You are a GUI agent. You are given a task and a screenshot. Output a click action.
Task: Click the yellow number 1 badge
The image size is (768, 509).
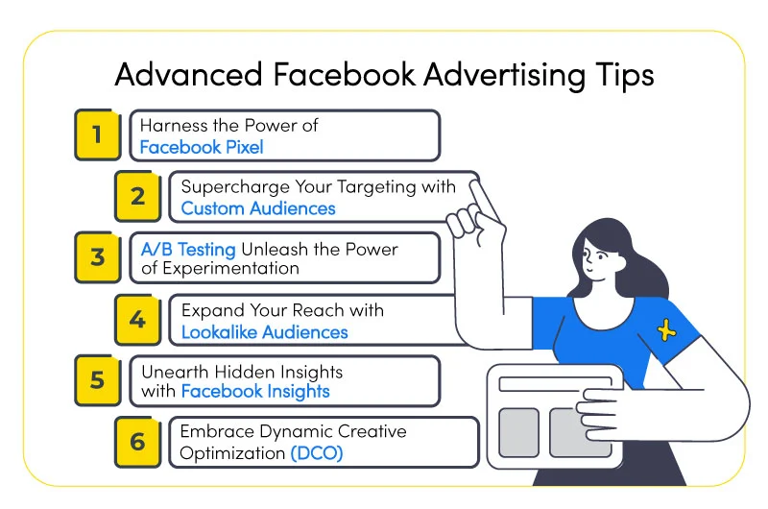pyautogui.click(x=98, y=134)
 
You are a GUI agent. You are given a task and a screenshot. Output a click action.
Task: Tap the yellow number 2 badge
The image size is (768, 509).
pyautogui.click(x=137, y=196)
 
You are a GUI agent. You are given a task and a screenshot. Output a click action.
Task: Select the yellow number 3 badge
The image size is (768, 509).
pyautogui.click(x=98, y=257)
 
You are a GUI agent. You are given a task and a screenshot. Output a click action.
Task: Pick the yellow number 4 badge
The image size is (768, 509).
pyautogui.click(x=137, y=320)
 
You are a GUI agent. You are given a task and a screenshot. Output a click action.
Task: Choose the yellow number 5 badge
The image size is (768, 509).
pyautogui.click(x=98, y=380)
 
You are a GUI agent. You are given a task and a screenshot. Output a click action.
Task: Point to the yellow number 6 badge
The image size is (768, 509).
pyautogui.click(x=137, y=442)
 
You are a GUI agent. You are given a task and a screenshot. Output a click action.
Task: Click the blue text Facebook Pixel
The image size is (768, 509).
pyautogui.click(x=202, y=147)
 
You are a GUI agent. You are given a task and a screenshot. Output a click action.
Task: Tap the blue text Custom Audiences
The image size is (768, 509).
pyautogui.click(x=258, y=208)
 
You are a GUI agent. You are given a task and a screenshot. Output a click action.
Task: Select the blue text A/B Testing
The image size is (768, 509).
pyautogui.click(x=188, y=250)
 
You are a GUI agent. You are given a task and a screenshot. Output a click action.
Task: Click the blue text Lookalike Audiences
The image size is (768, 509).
pyautogui.click(x=265, y=332)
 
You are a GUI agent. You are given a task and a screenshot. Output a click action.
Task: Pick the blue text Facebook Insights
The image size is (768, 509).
pyautogui.click(x=255, y=391)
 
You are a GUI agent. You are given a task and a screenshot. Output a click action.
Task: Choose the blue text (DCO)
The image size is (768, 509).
pyautogui.click(x=317, y=452)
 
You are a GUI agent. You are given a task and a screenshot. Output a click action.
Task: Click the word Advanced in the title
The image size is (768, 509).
pyautogui.click(x=188, y=75)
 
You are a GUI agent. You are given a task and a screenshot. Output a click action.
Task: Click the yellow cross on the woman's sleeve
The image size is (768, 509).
pyautogui.click(x=666, y=329)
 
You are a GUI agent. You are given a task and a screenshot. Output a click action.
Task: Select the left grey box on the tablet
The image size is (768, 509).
pyautogui.click(x=518, y=432)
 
